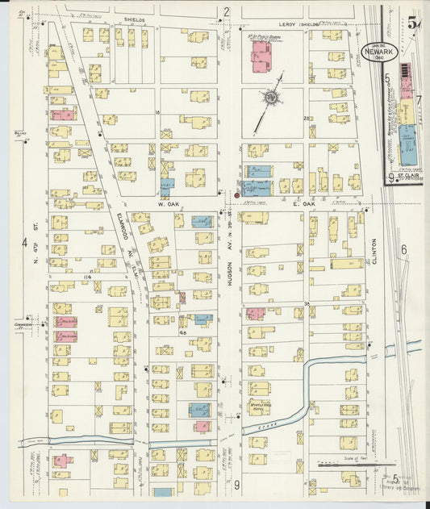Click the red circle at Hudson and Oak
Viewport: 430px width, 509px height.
click(x=236, y=195)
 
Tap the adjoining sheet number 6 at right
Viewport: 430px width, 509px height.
click(x=403, y=250)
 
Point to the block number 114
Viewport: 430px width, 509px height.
click(x=86, y=277)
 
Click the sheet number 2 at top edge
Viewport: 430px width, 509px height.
click(x=227, y=11)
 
